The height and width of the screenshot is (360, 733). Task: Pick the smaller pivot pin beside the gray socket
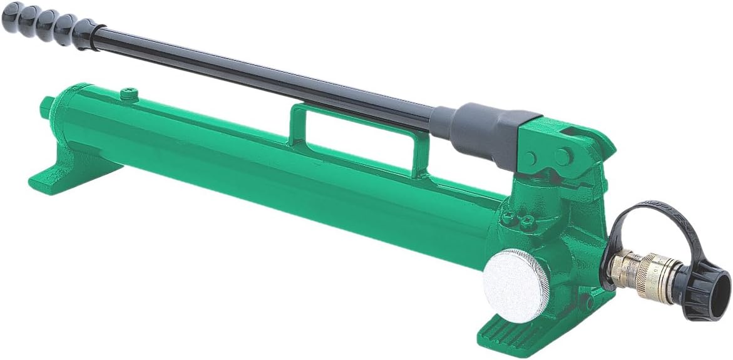(531, 157)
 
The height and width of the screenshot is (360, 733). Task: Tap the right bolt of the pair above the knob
(528, 220)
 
